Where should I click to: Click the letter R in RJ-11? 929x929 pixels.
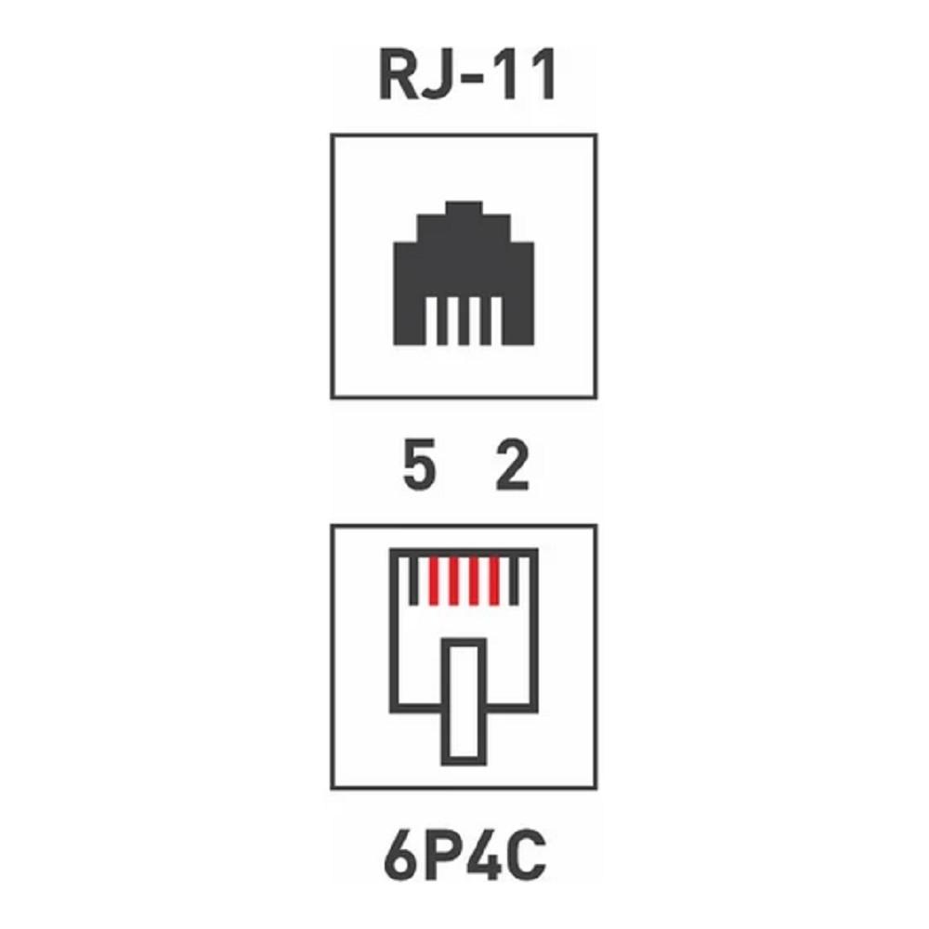[x=399, y=75]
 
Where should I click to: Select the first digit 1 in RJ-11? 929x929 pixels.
[x=508, y=75]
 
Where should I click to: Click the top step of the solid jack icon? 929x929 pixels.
[x=464, y=208]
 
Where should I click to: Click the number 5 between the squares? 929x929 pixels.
[x=419, y=465]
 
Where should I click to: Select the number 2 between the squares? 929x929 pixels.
[x=512, y=465]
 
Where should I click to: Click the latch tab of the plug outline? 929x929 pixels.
[x=445, y=701]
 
